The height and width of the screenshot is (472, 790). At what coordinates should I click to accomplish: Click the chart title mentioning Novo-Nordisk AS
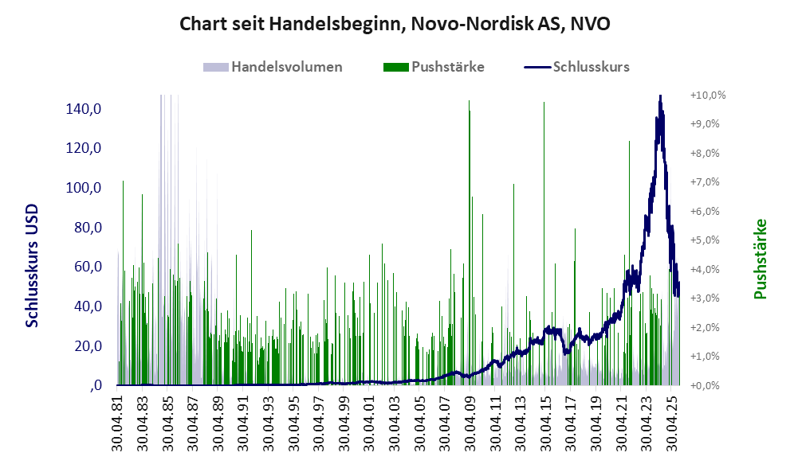click(395, 24)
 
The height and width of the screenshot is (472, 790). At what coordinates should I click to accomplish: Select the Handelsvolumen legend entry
click(286, 67)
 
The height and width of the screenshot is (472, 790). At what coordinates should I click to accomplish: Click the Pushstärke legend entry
click(447, 67)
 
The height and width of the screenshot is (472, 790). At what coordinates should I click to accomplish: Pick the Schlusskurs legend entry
click(591, 67)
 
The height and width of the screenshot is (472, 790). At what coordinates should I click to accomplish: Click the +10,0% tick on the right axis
click(708, 95)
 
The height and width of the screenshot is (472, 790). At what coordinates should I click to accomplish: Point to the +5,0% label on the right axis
click(708, 240)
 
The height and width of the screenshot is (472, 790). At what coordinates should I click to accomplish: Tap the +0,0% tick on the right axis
click(708, 385)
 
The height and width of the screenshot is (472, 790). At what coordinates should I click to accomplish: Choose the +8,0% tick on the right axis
click(708, 153)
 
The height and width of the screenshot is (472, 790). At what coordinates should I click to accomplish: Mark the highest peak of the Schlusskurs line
click(660, 96)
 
